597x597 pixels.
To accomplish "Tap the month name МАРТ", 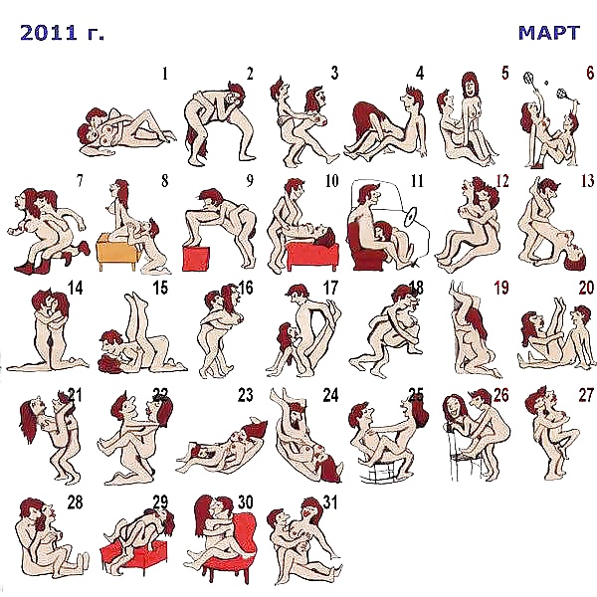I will (548, 32).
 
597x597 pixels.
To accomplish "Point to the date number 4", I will (420, 73).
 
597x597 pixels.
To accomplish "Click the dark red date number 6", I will (589, 73).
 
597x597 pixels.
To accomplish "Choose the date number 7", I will (79, 181).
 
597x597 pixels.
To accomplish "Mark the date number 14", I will (75, 289).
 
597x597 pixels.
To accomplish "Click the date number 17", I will (331, 289).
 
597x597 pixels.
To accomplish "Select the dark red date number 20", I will (585, 289).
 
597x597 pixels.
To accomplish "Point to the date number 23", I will (245, 395).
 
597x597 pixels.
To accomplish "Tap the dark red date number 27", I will (585, 395).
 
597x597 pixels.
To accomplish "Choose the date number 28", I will (75, 501).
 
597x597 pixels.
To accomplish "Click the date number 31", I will (331, 501).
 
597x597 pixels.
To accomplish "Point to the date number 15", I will (160, 289).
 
